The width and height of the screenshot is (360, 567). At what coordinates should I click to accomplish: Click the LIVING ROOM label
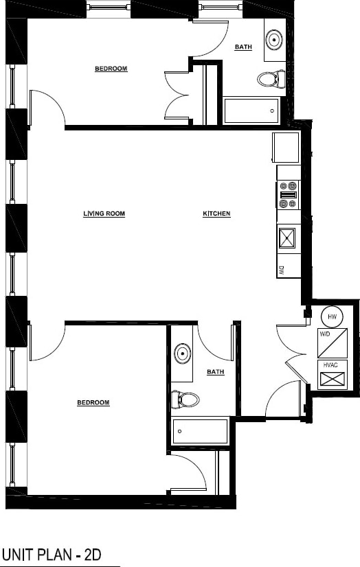click(104, 213)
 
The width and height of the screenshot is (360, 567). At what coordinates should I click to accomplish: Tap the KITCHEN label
click(216, 213)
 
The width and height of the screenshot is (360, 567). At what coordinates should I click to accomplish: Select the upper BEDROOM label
click(111, 69)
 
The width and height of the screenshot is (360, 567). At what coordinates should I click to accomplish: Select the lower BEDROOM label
click(93, 402)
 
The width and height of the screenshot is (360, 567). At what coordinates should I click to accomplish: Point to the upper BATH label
click(243, 47)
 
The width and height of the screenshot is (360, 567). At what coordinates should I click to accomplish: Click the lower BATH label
click(215, 372)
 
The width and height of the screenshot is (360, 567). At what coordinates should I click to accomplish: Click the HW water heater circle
click(332, 316)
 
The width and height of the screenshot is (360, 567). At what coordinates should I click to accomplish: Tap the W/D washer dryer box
click(333, 343)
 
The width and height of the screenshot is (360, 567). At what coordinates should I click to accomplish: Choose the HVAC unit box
click(333, 375)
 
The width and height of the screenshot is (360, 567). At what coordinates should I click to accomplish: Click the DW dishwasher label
click(282, 268)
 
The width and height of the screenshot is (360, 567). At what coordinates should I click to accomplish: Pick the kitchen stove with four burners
click(289, 194)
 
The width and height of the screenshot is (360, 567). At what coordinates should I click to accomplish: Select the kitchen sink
click(287, 238)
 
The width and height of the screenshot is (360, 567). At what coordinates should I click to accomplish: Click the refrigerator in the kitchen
click(286, 147)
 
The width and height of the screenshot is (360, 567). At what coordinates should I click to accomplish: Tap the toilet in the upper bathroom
click(271, 79)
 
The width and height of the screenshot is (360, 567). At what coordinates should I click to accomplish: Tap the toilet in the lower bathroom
click(185, 398)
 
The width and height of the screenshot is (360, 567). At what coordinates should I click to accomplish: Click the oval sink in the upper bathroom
click(275, 38)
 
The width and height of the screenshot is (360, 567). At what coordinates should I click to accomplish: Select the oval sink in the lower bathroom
click(182, 354)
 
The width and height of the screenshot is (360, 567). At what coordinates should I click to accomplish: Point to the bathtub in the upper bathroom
click(251, 111)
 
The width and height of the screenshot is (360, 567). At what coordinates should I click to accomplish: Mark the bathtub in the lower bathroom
click(200, 431)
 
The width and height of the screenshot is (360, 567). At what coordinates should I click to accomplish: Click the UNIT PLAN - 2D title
click(52, 554)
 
